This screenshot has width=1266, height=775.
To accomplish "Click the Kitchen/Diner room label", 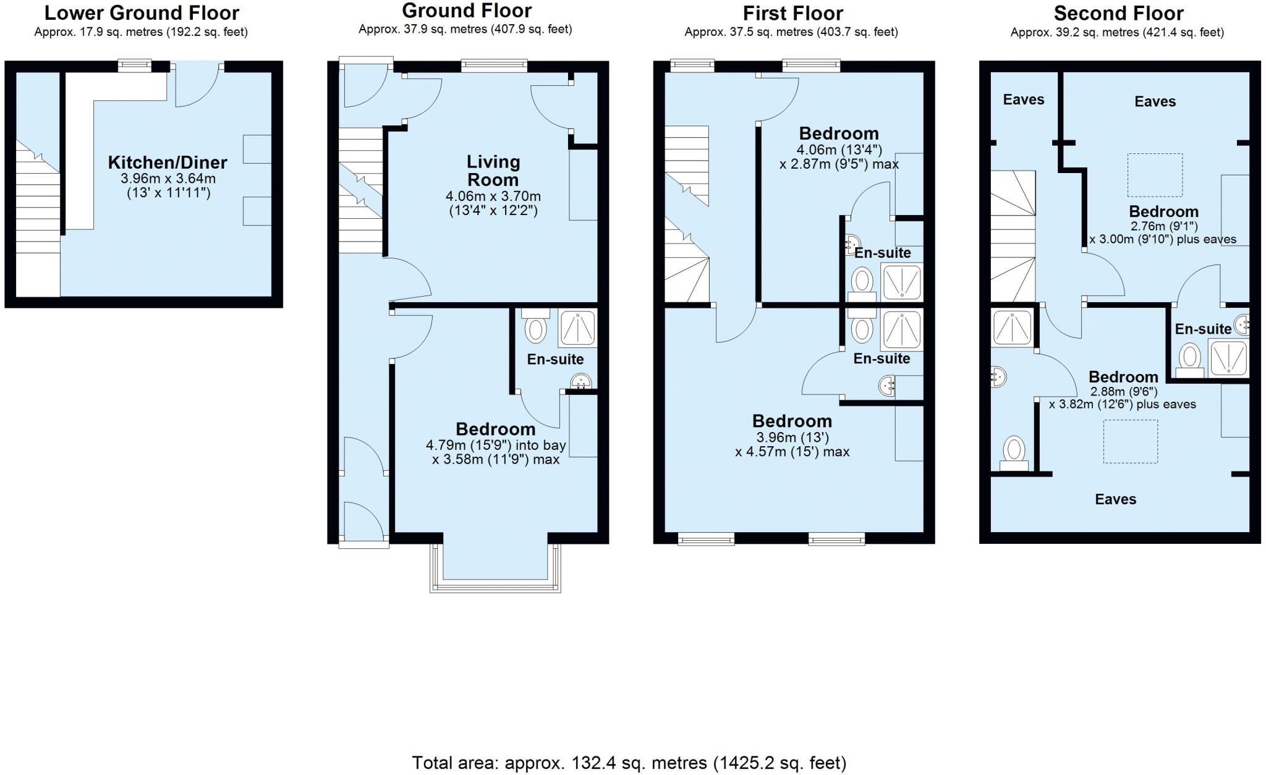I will pos(168,163).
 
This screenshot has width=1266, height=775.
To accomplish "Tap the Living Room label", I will pos(493,171).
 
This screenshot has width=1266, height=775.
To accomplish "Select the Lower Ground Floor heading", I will pos(142,13).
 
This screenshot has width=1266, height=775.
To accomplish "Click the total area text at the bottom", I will pos(629,763).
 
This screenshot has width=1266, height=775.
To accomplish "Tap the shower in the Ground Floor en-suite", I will pos(578,328).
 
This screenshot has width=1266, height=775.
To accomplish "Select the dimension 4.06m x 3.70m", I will pos(493,197).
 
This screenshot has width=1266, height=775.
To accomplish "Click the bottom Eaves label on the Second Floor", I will pos(1115,499).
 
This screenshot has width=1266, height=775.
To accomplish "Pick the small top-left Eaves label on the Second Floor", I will pos(1023,100).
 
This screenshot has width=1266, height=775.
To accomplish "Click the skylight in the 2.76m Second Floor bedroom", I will pos(1155,175).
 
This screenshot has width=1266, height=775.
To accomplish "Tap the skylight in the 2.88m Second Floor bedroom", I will pos(1130,441).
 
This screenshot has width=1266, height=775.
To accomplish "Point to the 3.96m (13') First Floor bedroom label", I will pos(792,421).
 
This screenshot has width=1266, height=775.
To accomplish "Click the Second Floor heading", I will pos(1118,13).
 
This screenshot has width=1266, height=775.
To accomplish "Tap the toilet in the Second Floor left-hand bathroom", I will pos(1014,453).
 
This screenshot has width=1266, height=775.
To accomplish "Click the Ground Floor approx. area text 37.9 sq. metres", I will pos(465,29).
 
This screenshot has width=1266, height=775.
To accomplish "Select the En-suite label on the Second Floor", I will pos(1202,329).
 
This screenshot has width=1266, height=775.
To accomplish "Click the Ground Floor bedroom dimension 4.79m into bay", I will pos(495,446).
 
